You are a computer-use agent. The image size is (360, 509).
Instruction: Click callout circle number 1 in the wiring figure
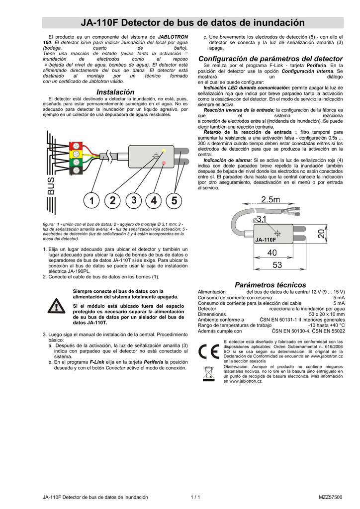point(91,201)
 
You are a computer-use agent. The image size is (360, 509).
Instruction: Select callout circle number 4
point(153,201)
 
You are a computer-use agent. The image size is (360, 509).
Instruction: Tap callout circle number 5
point(174,201)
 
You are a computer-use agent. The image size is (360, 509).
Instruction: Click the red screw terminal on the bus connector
point(77,146)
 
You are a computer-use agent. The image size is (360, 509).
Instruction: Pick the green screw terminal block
point(77,163)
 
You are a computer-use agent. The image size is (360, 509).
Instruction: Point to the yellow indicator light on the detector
point(164,150)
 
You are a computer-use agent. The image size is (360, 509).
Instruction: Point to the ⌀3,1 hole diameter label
point(260,219)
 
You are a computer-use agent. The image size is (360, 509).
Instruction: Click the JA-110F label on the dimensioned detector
point(266,241)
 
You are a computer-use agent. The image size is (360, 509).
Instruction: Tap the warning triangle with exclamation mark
point(56,307)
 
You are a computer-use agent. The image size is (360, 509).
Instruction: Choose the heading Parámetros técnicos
point(270,285)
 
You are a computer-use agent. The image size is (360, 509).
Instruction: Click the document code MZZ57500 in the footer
point(330,497)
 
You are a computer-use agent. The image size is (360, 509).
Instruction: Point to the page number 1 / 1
point(195,497)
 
